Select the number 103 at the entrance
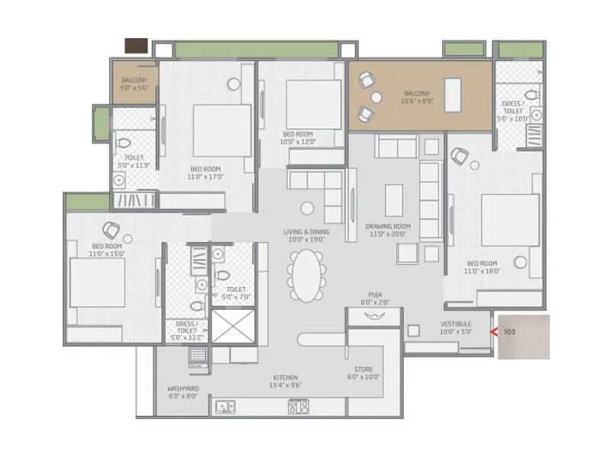click(510, 333)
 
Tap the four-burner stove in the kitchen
click(299, 406)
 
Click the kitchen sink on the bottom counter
click(225, 407)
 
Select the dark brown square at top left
click(137, 46)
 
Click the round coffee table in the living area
click(307, 208)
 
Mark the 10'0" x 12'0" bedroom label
click(297, 137)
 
